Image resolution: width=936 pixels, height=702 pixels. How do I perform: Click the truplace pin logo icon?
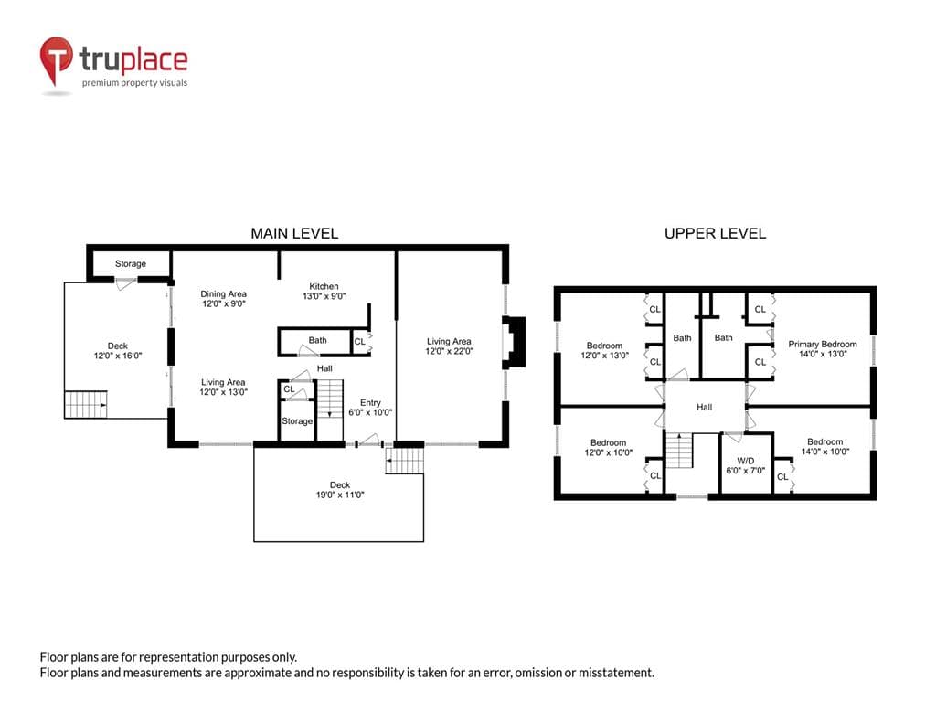pyautogui.click(x=56, y=59)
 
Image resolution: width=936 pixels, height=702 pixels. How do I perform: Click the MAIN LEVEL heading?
pyautogui.click(x=294, y=233)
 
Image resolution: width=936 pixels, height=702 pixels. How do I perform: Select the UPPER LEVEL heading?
pyautogui.click(x=715, y=233)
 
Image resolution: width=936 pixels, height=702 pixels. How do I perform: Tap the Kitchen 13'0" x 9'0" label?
pyautogui.click(x=324, y=292)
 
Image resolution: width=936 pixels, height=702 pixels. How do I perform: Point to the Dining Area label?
pyautogui.click(x=223, y=293)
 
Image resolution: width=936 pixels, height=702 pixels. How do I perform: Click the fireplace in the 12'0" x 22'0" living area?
pyautogui.click(x=514, y=342)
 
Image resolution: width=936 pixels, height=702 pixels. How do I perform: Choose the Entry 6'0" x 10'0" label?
pyautogui.click(x=370, y=408)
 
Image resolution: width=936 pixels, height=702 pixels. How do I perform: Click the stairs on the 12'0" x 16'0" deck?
pyautogui.click(x=85, y=404)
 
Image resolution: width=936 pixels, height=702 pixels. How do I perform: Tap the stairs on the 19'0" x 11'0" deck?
pyautogui.click(x=405, y=461)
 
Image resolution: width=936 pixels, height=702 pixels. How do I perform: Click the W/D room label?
pyautogui.click(x=746, y=465)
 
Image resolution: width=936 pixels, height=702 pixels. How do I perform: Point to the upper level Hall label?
pyautogui.click(x=705, y=407)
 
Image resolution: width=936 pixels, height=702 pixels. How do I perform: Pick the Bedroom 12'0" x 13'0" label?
pyautogui.click(x=605, y=350)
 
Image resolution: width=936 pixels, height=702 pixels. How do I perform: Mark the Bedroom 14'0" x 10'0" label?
pyautogui.click(x=825, y=446)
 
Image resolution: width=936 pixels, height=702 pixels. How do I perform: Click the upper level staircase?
pyautogui.click(x=679, y=451)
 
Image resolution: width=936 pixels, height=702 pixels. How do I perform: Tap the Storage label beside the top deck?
pyautogui.click(x=130, y=263)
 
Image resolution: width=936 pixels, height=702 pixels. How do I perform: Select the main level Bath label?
pyautogui.click(x=317, y=340)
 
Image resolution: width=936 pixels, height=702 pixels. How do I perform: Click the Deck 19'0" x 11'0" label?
pyautogui.click(x=340, y=490)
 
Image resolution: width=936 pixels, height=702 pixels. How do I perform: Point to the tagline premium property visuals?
pyautogui.click(x=135, y=83)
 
